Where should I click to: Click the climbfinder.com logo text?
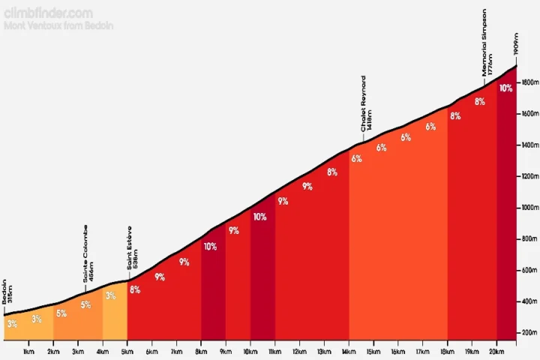[49, 13]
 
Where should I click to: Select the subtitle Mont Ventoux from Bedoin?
[58, 25]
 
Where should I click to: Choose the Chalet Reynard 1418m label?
[367, 103]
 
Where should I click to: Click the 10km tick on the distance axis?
[250, 352]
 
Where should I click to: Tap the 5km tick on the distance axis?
[127, 352]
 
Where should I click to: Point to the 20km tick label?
[496, 352]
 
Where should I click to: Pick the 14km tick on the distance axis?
[348, 352]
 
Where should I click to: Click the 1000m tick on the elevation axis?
[529, 208]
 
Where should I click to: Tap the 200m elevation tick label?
[529, 333]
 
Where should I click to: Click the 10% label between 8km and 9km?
[210, 246]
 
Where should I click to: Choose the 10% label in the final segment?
[505, 88]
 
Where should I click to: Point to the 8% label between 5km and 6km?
[135, 289]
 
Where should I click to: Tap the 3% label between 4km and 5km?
[110, 296]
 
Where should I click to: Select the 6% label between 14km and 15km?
[356, 158]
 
